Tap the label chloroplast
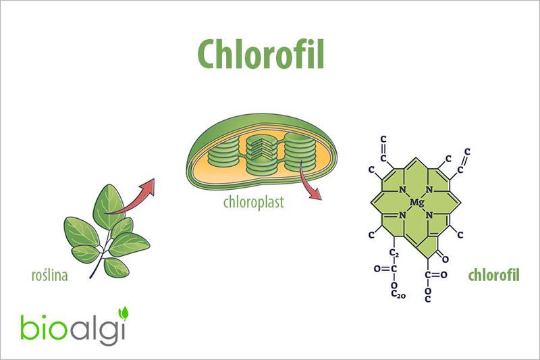tap(253, 202)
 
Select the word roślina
tap(50, 276)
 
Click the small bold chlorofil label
tap(493, 276)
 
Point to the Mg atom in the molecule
tap(416, 202)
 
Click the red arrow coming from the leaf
tap(135, 197)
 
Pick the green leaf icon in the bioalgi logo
tap(124, 313)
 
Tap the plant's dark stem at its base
tap(94, 274)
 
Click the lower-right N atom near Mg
tap(429, 215)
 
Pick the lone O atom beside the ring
tap(446, 256)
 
